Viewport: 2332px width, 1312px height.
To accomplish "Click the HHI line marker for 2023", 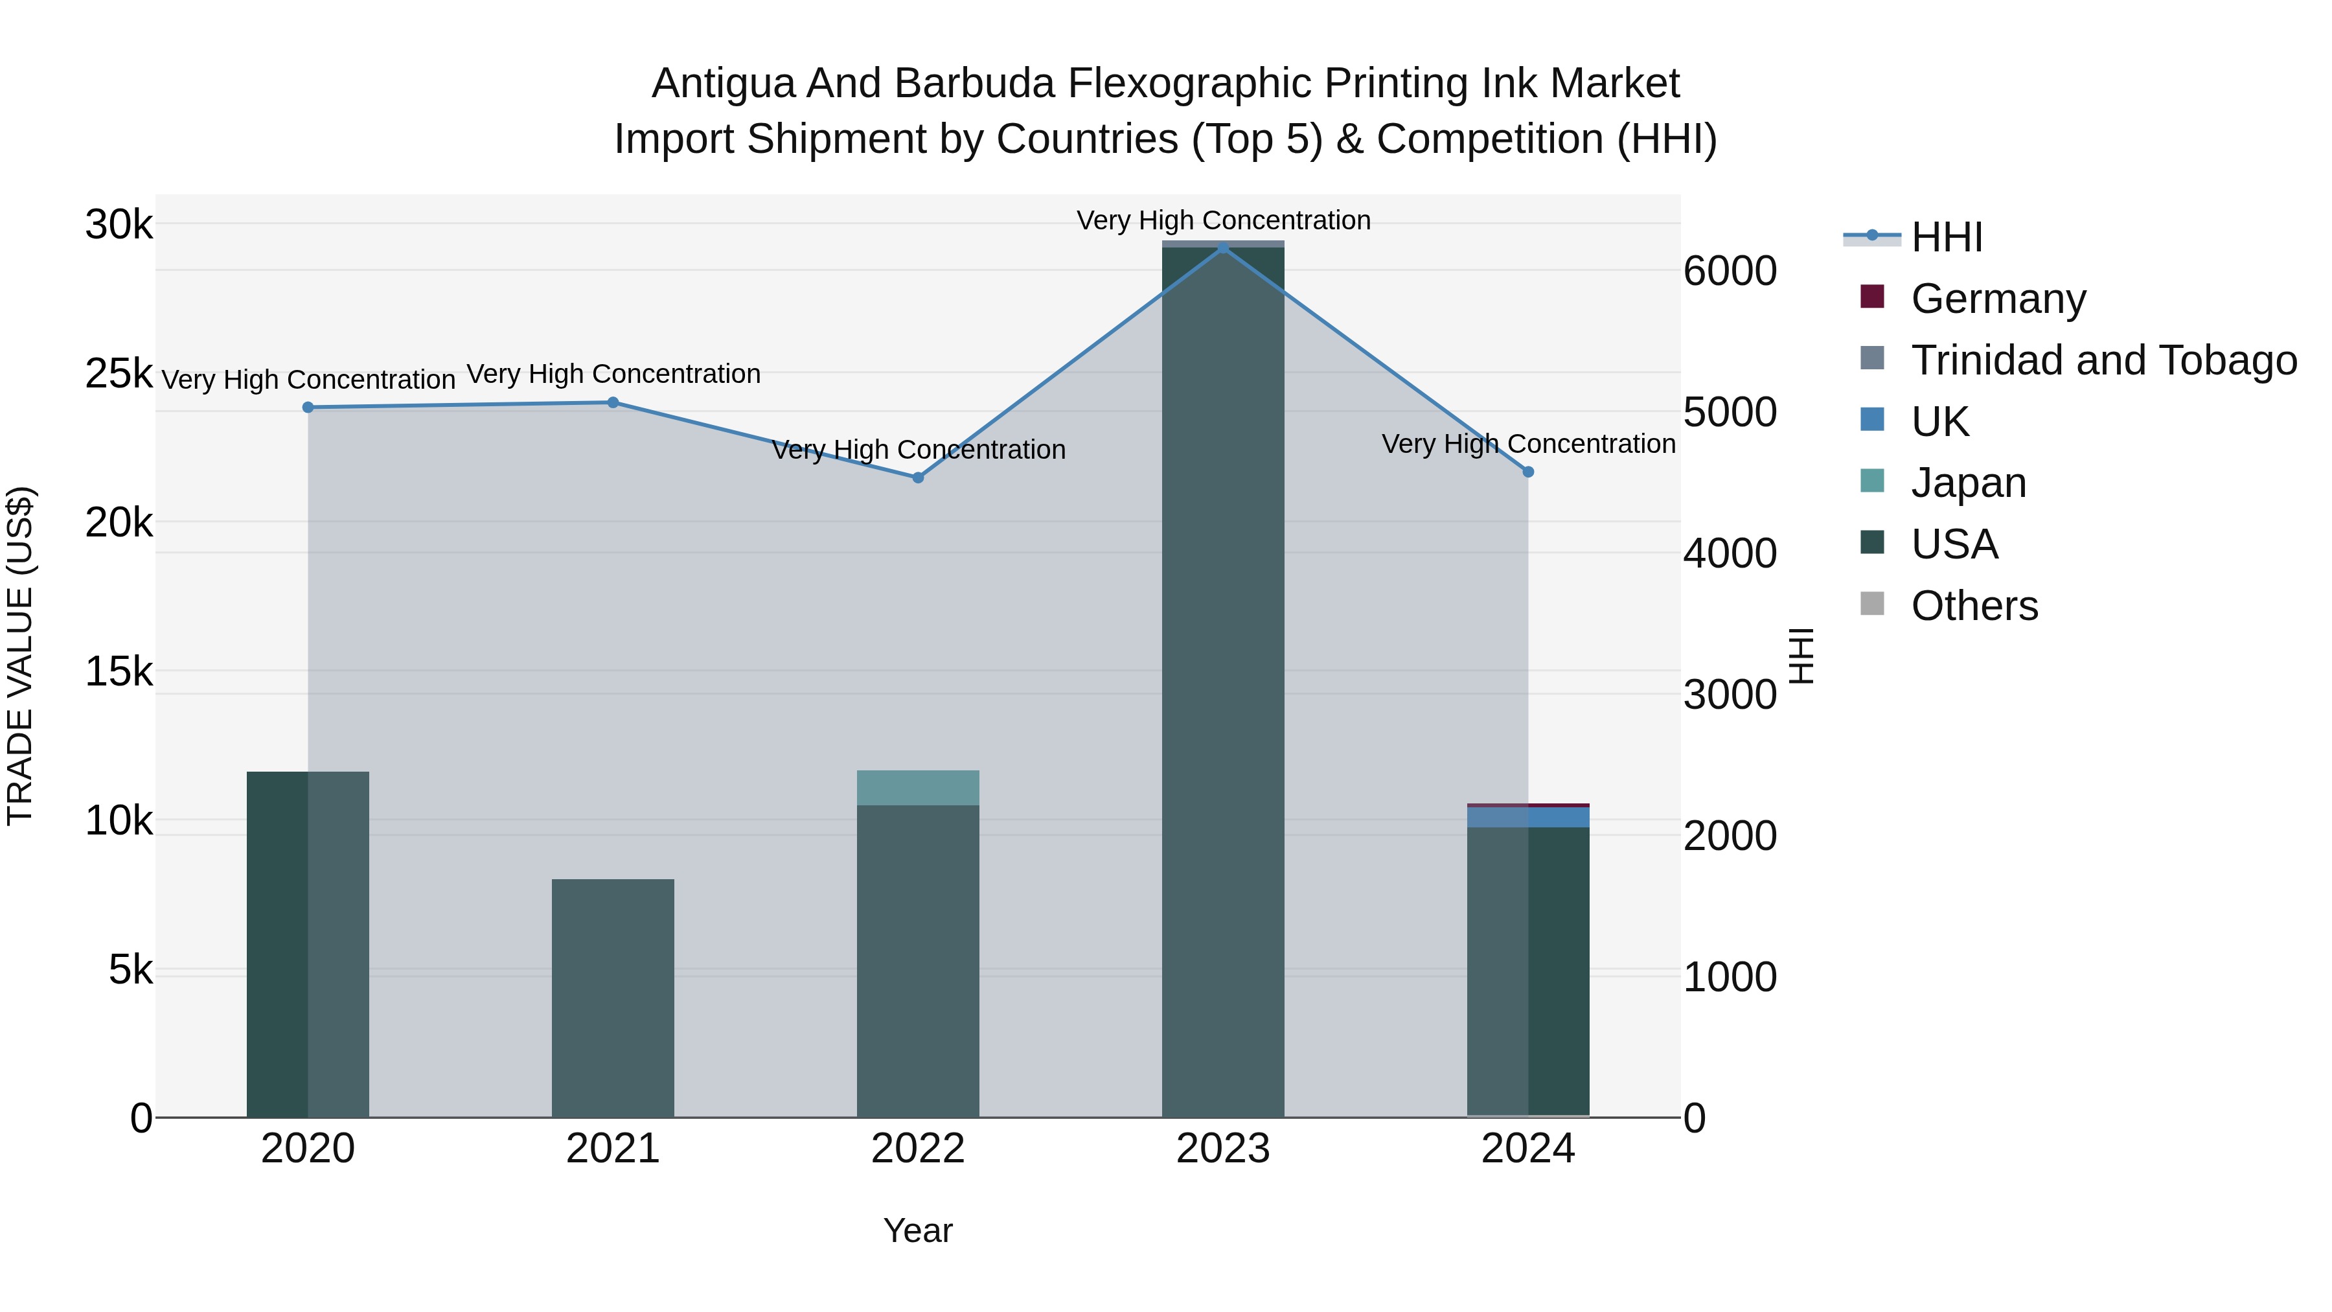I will point(1223,247).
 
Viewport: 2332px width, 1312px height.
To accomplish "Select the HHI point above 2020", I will point(308,408).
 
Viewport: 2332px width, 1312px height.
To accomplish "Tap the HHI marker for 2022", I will point(918,477).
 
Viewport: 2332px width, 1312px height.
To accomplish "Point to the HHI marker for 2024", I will point(1528,472).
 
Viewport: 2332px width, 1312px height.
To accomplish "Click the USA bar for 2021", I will point(613,996).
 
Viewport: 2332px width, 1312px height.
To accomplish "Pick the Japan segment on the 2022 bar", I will point(918,788).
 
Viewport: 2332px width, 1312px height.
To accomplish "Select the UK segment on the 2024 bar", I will point(1528,817).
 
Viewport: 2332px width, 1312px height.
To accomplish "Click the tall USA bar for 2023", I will point(1223,679).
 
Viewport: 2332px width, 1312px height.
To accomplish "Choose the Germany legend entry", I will point(1998,299).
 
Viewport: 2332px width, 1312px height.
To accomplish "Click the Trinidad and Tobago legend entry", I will point(2103,360).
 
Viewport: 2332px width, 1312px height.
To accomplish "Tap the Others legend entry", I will point(1974,606).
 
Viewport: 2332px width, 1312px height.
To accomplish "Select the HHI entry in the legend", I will point(1947,237).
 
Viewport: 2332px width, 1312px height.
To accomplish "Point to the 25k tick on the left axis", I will point(119,374).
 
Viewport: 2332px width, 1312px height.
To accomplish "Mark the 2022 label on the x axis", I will point(918,1149).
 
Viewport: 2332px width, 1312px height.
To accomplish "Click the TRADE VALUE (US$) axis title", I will point(21,656).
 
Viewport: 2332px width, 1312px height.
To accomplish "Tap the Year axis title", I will point(918,1230).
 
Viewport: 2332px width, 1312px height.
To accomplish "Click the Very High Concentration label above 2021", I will point(613,374).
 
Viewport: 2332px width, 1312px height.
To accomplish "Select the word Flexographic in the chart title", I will point(1195,84).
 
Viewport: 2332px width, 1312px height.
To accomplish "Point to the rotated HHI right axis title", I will point(1801,656).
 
